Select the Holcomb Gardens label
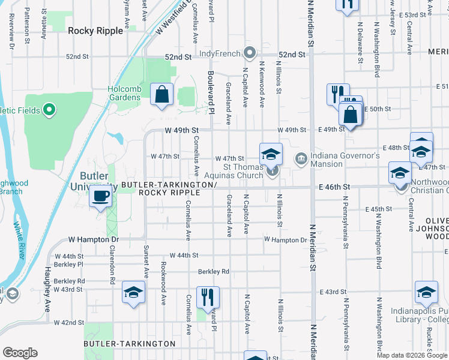click(124, 94)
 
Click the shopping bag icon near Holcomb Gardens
click(162, 94)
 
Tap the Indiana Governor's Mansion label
click(345, 160)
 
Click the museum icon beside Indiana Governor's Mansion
click(300, 158)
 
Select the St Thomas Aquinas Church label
click(243, 170)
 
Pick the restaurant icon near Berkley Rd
click(208, 296)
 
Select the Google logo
click(20, 353)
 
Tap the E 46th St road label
click(335, 187)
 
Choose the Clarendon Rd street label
click(112, 263)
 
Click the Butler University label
click(97, 181)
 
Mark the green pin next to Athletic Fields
click(50, 110)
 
